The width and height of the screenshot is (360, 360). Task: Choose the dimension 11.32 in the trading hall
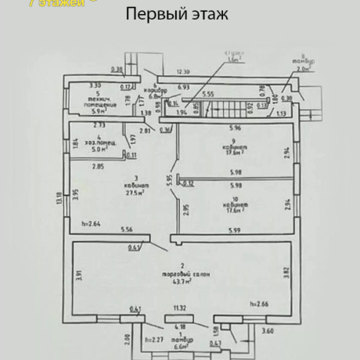pyautogui.click(x=181, y=309)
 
